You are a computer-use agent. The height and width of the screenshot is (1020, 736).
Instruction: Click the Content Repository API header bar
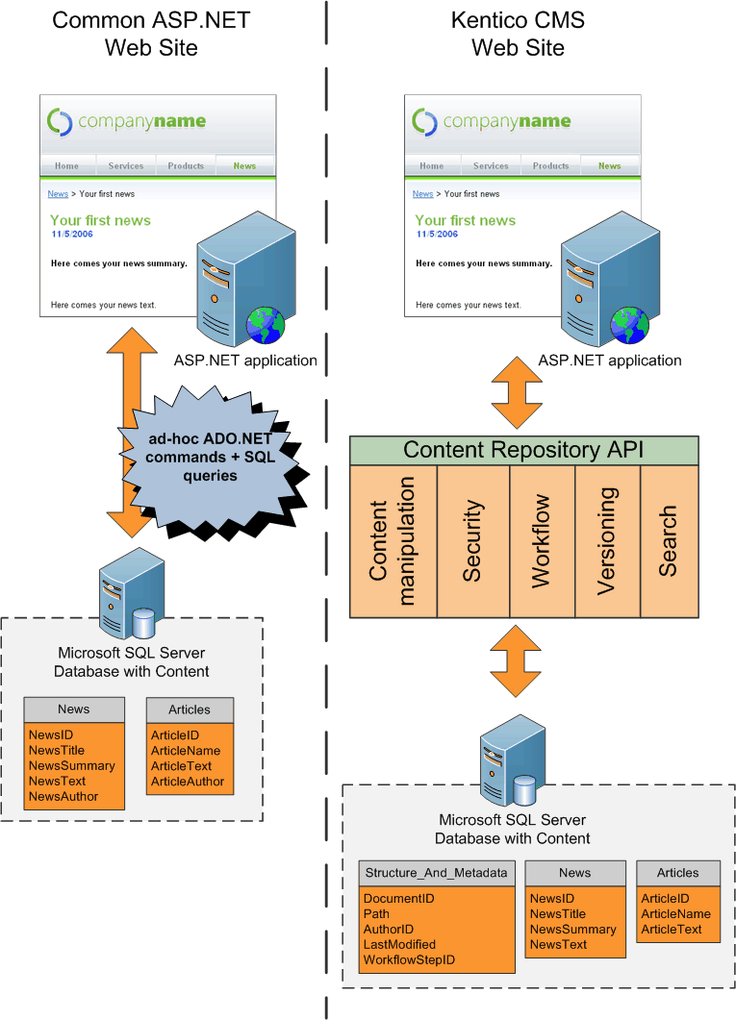[523, 450]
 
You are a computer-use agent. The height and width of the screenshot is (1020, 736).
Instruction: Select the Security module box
[472, 541]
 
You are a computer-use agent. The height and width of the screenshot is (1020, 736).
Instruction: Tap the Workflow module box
[542, 541]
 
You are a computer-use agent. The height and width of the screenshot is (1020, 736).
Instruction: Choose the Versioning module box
[607, 541]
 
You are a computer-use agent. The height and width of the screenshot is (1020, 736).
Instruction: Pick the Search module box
[669, 541]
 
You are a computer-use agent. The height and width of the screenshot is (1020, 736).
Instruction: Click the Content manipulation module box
[393, 541]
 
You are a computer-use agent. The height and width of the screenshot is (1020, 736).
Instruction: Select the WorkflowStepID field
[409, 959]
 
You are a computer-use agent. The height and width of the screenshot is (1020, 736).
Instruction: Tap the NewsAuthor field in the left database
[63, 796]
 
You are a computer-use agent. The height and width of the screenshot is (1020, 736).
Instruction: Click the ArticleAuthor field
[188, 782]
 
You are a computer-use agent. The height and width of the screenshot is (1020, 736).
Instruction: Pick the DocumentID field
[398, 898]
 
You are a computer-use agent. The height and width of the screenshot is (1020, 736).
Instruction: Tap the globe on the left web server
[265, 324]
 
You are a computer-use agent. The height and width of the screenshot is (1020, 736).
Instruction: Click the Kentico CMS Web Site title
[518, 34]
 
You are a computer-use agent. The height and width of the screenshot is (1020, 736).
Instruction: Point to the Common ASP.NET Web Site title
[151, 34]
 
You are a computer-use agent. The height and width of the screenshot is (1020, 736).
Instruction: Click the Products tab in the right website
[551, 165]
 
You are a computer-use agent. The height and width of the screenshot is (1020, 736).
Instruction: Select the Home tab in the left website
[66, 165]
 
